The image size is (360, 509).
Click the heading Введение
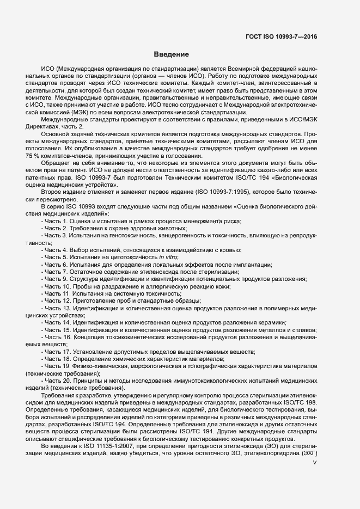[x=171, y=55]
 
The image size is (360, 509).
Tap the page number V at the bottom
[x=315, y=462]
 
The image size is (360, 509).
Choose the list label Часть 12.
[x=58, y=301]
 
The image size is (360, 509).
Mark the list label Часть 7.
[x=56, y=271]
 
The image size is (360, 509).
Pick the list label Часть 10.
[x=58, y=286]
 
